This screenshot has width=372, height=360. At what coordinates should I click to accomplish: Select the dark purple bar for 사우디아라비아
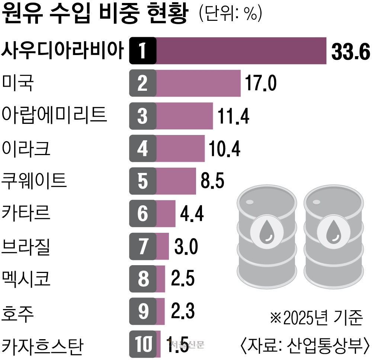tap(241, 51)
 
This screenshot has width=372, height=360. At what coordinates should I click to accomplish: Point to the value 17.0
tap(260, 83)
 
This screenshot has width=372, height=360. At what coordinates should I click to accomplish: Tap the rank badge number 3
tap(142, 116)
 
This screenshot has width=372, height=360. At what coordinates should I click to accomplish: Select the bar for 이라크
tap(180, 148)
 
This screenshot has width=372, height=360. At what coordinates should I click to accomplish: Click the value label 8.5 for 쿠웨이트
tap(212, 181)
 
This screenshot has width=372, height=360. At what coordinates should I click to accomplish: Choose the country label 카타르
tap(26, 213)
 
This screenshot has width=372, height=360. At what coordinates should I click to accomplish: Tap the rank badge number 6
tap(142, 213)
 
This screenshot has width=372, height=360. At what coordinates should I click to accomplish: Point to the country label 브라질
tap(26, 245)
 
